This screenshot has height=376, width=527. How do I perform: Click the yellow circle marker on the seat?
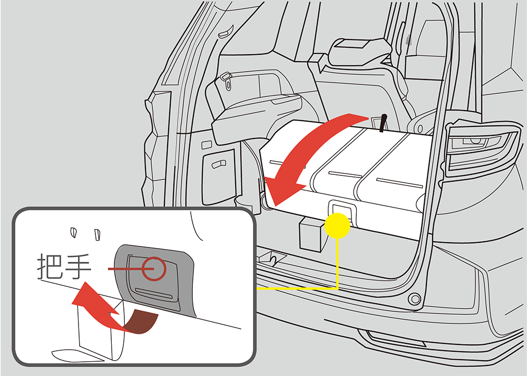(x=337, y=225)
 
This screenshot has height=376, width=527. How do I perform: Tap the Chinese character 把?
(x=50, y=266)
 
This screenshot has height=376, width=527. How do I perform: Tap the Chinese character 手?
(x=78, y=266)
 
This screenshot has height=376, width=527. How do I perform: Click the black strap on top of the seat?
(x=383, y=123)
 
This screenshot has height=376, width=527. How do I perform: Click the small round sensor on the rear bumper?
(x=414, y=299)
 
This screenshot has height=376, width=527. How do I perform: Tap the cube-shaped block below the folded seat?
(x=311, y=233)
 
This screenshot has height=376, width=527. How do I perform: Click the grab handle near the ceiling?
(x=225, y=32)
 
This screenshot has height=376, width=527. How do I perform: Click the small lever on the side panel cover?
(x=219, y=164)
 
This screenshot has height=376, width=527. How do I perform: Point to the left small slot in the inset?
(x=74, y=232)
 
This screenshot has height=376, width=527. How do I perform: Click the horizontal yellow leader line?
(x=297, y=288)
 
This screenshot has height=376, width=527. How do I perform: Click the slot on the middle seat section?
(x=345, y=175)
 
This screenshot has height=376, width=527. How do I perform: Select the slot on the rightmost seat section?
(x=399, y=183)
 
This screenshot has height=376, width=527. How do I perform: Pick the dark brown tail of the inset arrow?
(x=141, y=321)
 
